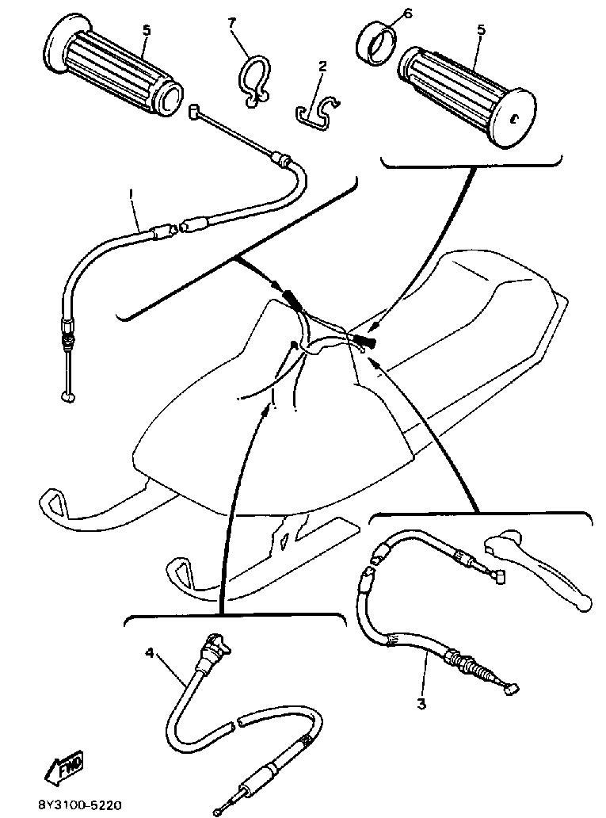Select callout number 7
pyautogui.click(x=232, y=25)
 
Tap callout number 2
pyautogui.click(x=322, y=68)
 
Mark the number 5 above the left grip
pyautogui.click(x=145, y=29)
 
